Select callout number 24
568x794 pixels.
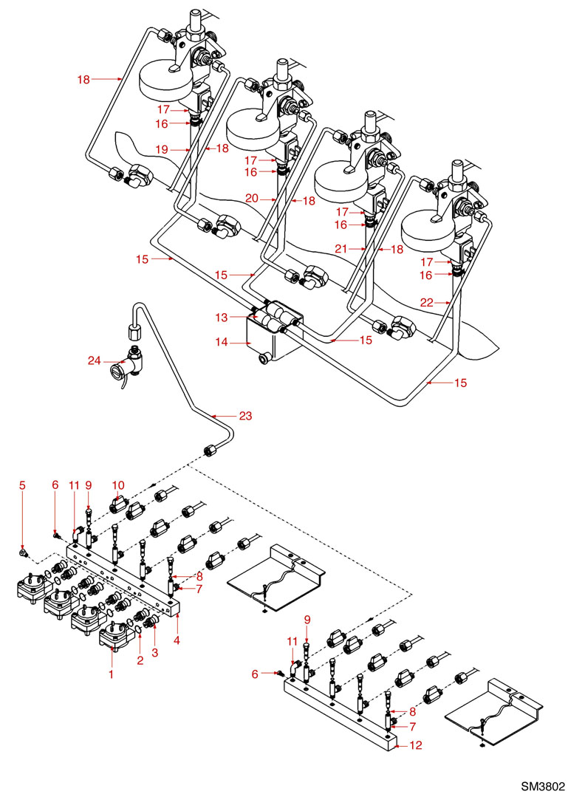pyautogui.click(x=95, y=361)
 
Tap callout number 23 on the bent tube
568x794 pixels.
pyautogui.click(x=244, y=416)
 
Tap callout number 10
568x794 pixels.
pyautogui.click(x=117, y=485)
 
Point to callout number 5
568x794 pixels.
pyautogui.click(x=22, y=485)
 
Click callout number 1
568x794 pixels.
pyautogui.click(x=112, y=674)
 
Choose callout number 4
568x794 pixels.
pyautogui.click(x=177, y=640)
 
